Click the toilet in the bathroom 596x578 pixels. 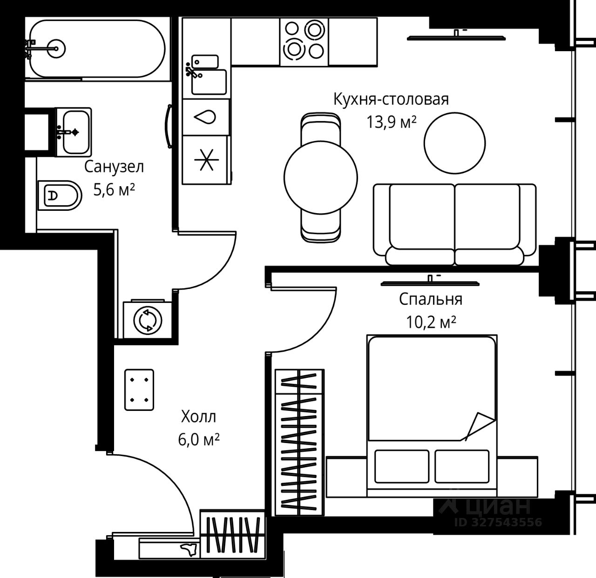pos(59,195)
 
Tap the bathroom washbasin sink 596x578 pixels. pos(75,131)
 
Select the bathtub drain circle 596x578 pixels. pos(56,47)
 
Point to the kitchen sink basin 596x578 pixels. pos(209,81)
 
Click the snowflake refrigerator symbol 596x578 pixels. pos(206,159)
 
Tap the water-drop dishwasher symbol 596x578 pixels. pos(206,117)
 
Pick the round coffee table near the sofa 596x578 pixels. pos(454,142)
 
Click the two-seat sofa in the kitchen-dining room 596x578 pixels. pos(454,225)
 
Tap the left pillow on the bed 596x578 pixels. pos(401,466)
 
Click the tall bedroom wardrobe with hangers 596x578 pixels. pos(298,442)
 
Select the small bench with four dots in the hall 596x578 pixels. pos(139,390)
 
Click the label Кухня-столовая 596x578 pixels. pos(391,99)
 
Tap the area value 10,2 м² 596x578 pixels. pos(431,322)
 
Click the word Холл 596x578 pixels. pos(198,417)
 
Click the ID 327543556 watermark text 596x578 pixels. pos(498,522)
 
